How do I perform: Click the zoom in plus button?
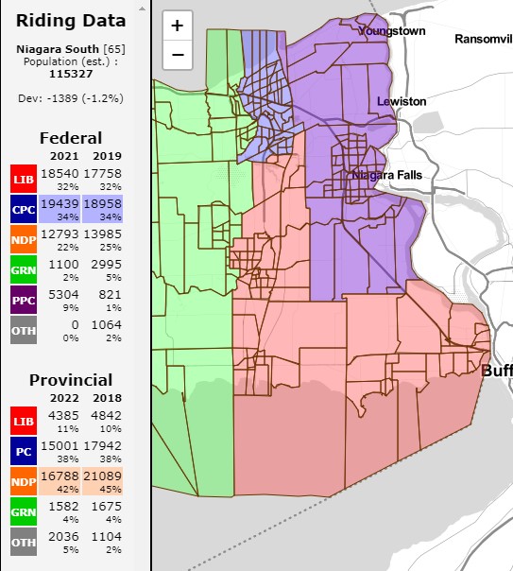click(x=178, y=26)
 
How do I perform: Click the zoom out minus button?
click(x=178, y=54)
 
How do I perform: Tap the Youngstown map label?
click(x=391, y=30)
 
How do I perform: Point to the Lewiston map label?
click(x=402, y=101)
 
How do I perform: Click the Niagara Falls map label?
click(x=386, y=175)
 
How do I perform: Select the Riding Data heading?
click(x=71, y=21)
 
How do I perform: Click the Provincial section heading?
click(x=71, y=380)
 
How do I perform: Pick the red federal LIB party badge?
click(x=24, y=179)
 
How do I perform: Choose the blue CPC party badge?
click(x=24, y=209)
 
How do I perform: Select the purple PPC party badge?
click(x=24, y=300)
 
